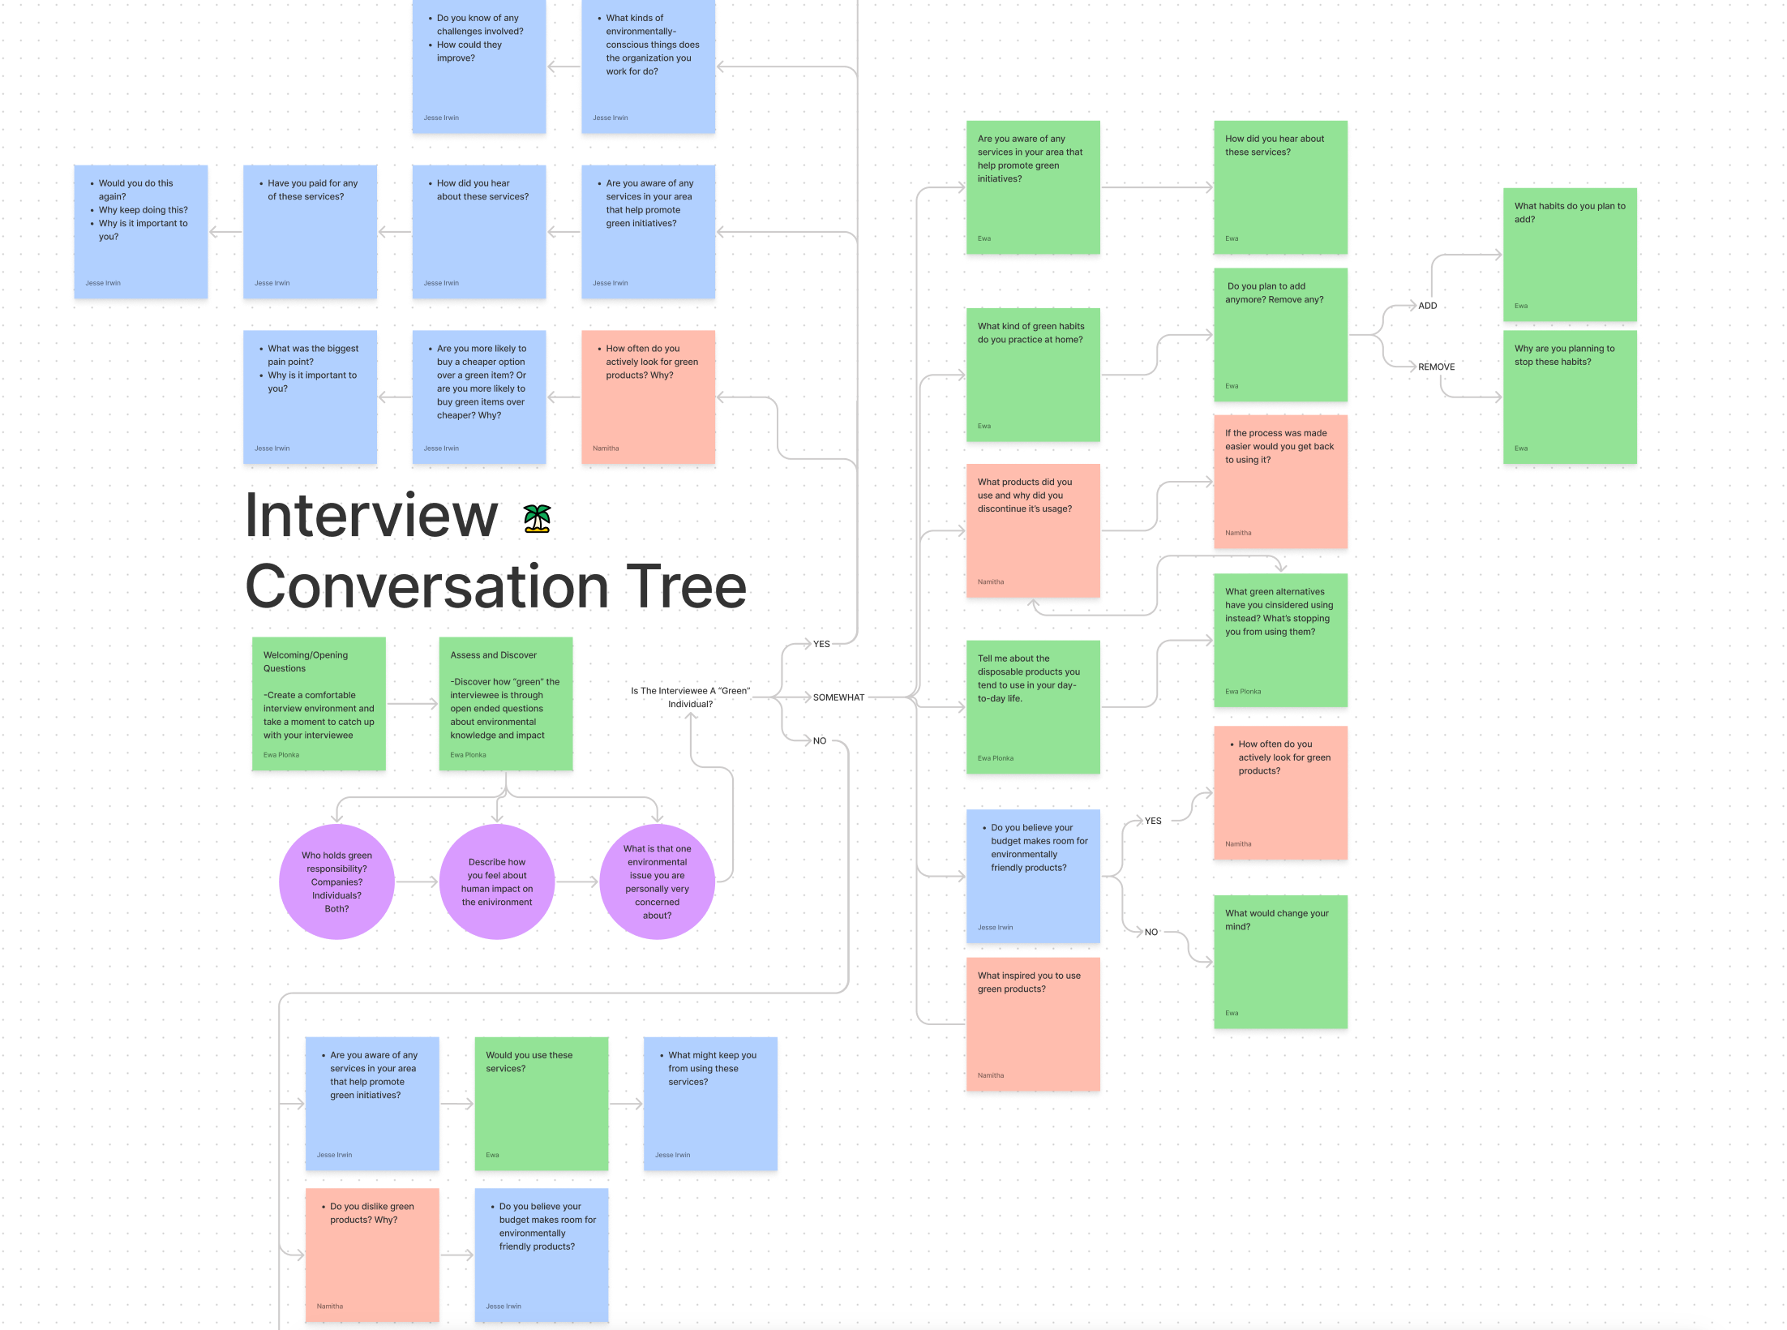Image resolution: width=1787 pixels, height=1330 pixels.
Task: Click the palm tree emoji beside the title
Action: [x=537, y=518]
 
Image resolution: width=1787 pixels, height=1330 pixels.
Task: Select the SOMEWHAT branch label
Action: [x=838, y=697]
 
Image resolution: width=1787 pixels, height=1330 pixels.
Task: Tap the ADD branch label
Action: [x=1427, y=306]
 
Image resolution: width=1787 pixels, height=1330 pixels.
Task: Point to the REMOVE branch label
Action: [x=1436, y=367]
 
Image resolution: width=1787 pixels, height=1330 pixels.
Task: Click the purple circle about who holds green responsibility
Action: [x=336, y=882]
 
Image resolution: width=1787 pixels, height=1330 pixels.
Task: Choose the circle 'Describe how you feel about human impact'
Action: [x=497, y=882]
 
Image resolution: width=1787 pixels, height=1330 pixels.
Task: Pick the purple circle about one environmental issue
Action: [x=657, y=882]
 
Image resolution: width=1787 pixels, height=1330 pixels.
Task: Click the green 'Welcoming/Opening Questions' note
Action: [x=319, y=703]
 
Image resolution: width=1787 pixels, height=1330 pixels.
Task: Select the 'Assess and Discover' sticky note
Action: [x=505, y=703]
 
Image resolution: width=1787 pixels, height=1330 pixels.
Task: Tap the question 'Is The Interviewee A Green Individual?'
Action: [x=690, y=697]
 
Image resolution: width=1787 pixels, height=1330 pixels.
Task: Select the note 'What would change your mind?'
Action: [x=1280, y=962]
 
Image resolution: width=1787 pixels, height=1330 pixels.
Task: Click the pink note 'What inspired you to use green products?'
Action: [x=1032, y=1024]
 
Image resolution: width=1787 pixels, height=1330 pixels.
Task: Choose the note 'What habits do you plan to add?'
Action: [x=1570, y=255]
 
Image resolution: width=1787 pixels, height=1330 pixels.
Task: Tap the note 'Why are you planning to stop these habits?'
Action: [x=1570, y=397]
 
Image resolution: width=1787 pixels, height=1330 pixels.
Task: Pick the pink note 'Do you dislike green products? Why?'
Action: [x=372, y=1255]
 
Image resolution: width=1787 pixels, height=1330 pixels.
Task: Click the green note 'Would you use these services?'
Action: [x=541, y=1103]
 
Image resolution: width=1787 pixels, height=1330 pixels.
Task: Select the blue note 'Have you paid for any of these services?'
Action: [x=310, y=232]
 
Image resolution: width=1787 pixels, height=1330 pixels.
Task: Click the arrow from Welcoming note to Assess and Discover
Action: [x=412, y=704]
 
